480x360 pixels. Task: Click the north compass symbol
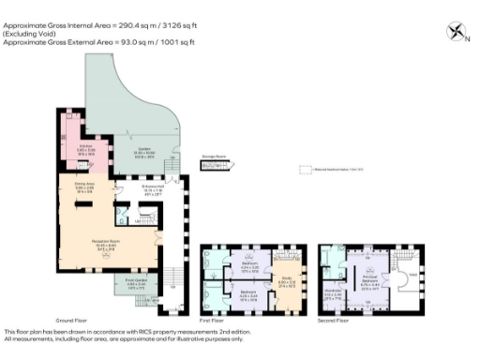click(457, 32)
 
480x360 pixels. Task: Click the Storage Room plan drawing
click(215, 165)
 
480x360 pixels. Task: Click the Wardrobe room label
click(333, 292)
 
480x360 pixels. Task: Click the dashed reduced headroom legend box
click(305, 171)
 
